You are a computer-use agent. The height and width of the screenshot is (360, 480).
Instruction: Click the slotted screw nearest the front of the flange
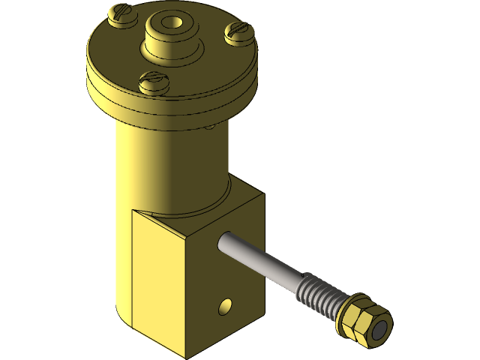pos(154,81)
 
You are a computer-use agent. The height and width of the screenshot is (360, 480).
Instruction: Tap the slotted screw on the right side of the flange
pos(240,32)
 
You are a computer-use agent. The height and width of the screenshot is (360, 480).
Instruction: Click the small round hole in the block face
pos(224,305)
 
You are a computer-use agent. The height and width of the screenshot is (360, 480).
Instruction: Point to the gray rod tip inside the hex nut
pos(381,329)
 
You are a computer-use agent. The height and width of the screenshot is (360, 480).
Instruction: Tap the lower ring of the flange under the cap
pos(172,105)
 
